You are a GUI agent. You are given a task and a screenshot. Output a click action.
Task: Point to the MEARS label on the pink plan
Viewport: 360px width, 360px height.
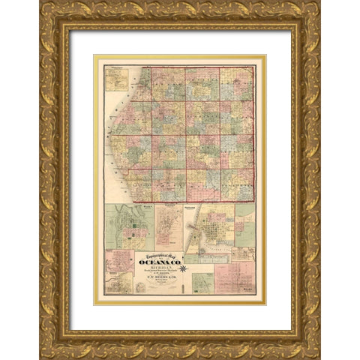click(248, 292)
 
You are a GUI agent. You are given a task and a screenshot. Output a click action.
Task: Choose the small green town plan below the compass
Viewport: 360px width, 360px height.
click(202, 283)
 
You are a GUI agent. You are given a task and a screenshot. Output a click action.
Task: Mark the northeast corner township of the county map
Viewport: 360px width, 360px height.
click(237, 85)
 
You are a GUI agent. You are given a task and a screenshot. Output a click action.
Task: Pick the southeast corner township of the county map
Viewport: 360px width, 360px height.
click(237, 184)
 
